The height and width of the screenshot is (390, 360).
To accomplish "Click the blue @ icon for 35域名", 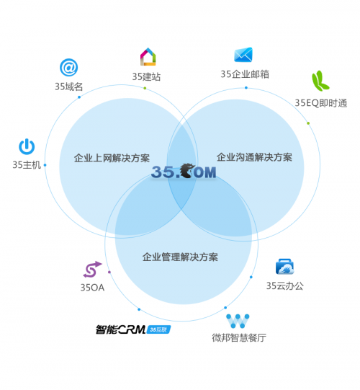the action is (x=69, y=68).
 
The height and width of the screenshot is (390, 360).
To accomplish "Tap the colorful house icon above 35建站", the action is (x=148, y=57).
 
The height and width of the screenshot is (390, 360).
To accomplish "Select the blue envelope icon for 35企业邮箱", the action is (x=243, y=55).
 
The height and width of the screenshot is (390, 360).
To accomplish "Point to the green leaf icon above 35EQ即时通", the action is (x=320, y=81).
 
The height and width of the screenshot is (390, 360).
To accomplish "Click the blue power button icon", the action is (x=27, y=147).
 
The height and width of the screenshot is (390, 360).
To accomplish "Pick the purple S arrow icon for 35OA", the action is (x=92, y=270).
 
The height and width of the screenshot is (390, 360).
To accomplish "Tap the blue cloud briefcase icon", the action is (x=284, y=267).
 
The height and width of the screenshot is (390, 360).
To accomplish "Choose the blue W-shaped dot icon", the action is (x=238, y=321).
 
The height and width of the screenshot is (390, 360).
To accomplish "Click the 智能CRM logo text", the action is (x=120, y=329).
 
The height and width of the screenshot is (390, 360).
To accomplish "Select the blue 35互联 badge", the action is (x=159, y=330).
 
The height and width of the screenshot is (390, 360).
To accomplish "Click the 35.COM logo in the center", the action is (x=184, y=171).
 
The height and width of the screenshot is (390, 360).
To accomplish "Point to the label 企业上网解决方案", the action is (x=112, y=158).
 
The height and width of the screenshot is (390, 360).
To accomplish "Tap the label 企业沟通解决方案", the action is (x=254, y=157).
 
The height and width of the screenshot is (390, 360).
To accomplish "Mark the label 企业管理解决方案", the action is (x=180, y=257).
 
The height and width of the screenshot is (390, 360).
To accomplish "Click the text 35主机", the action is (x=27, y=165).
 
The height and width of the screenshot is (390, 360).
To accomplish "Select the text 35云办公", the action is (x=285, y=285).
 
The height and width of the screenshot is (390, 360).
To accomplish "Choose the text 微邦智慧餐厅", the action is (x=239, y=338).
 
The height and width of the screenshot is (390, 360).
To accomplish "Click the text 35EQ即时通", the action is (x=320, y=103).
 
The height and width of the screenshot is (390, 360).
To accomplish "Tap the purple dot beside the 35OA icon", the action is (x=109, y=272).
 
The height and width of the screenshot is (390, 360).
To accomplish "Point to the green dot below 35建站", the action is (x=145, y=88).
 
